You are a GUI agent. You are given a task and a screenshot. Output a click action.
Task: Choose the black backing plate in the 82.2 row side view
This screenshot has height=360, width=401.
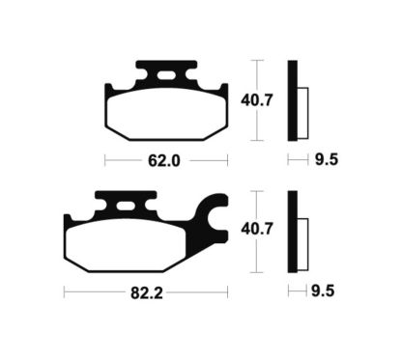(292, 231)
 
